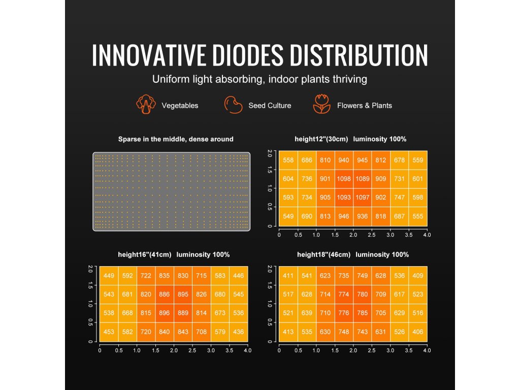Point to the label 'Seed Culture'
[x=270, y=106]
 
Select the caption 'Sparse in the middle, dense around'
[x=176, y=139]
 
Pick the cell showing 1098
[x=344, y=179]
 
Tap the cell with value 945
[x=363, y=160]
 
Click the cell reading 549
[x=288, y=216]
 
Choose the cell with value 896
[x=164, y=313]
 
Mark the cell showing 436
[x=238, y=332]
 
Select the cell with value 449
[x=109, y=276]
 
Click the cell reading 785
[x=363, y=313]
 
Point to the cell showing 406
[x=418, y=332]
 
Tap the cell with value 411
[x=288, y=276]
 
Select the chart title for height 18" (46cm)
[x=353, y=254]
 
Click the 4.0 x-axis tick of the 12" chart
[x=427, y=235]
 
